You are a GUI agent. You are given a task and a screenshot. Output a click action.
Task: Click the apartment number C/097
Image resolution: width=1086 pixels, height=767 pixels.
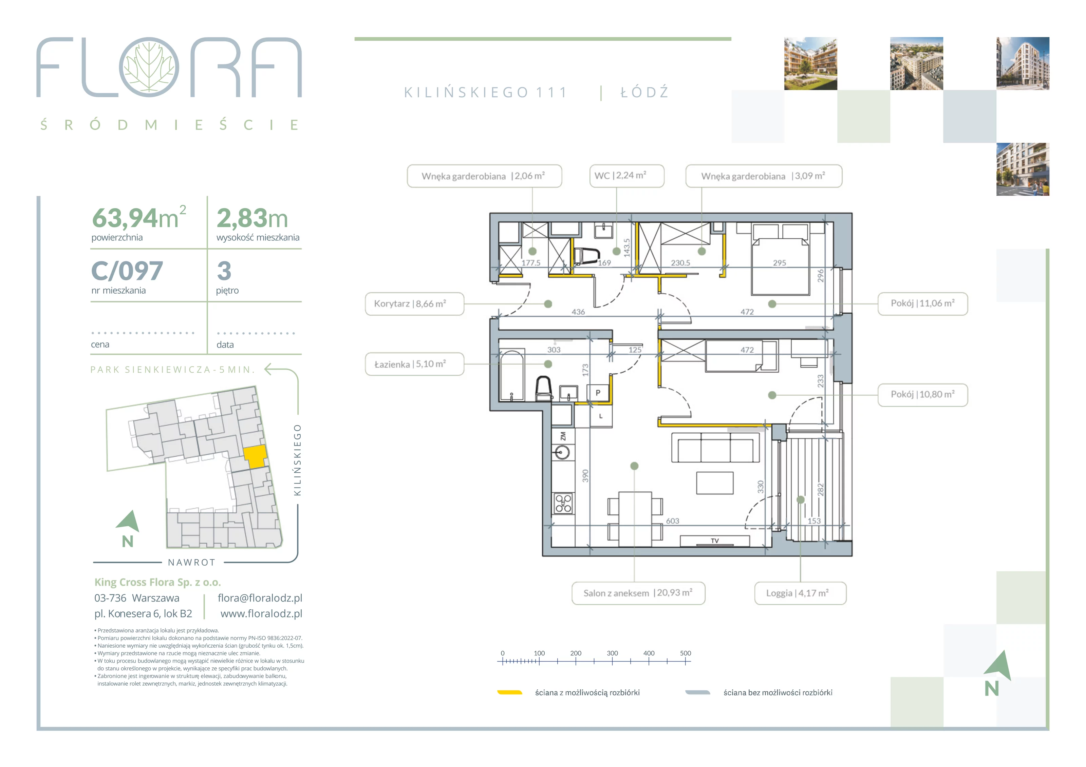(x=127, y=271)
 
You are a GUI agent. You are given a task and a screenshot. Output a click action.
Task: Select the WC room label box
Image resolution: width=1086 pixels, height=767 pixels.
(x=627, y=176)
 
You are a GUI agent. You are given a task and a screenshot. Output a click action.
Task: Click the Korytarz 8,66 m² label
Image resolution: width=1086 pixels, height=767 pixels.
(x=414, y=304)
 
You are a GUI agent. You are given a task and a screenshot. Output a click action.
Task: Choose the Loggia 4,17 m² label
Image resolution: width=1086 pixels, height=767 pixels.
(x=800, y=593)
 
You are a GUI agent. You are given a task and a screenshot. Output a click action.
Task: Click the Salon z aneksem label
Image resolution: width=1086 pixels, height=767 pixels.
(x=638, y=593)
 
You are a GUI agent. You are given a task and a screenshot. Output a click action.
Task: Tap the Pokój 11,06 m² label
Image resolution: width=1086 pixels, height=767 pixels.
(x=923, y=303)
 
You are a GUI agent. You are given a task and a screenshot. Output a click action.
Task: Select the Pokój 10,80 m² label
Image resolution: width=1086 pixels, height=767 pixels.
(x=923, y=395)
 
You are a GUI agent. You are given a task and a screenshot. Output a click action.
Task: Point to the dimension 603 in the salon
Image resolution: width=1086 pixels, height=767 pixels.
(x=673, y=521)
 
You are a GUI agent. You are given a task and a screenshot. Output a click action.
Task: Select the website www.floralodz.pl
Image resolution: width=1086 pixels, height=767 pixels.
(x=261, y=614)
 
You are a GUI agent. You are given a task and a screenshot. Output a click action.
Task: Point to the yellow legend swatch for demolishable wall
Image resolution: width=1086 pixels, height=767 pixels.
(x=509, y=692)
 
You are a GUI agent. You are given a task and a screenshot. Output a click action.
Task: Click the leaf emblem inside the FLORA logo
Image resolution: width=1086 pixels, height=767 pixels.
(x=149, y=67)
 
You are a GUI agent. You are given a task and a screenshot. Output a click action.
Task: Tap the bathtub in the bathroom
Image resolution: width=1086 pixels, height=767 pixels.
(x=512, y=375)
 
